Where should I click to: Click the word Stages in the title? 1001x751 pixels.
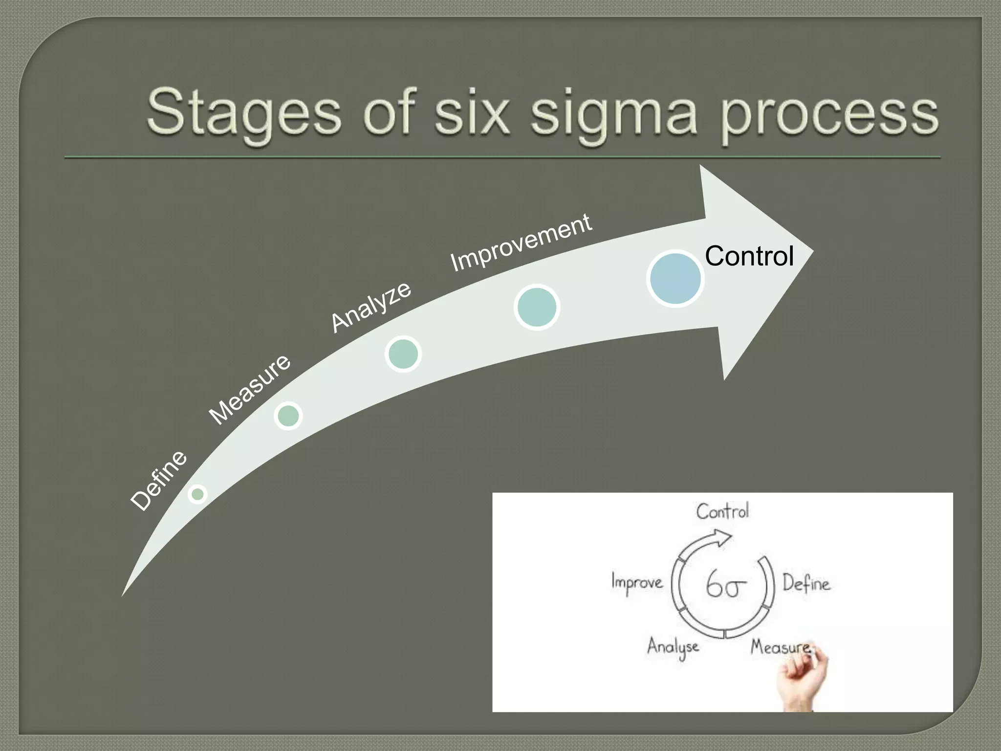click(x=243, y=113)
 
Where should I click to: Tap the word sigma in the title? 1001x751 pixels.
click(x=614, y=115)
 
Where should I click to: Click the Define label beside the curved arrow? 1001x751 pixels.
click(x=159, y=480)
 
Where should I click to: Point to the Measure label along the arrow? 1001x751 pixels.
click(x=250, y=389)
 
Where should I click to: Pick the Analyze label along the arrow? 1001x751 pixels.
click(x=371, y=307)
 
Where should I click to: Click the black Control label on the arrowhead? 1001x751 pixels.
click(x=749, y=256)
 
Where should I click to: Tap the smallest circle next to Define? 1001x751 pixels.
click(x=197, y=494)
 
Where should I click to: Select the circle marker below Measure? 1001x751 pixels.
click(x=288, y=416)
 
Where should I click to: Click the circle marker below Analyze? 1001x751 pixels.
click(x=403, y=353)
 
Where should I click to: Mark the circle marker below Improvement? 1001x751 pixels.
click(x=537, y=307)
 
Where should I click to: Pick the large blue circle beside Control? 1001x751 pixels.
click(x=675, y=278)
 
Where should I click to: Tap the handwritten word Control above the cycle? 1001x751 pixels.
click(x=722, y=511)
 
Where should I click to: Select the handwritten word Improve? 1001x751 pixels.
click(x=637, y=583)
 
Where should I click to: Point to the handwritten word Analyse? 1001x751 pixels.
click(x=673, y=647)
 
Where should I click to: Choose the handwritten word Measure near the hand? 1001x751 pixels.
click(x=780, y=647)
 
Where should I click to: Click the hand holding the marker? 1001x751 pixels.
click(x=802, y=677)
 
